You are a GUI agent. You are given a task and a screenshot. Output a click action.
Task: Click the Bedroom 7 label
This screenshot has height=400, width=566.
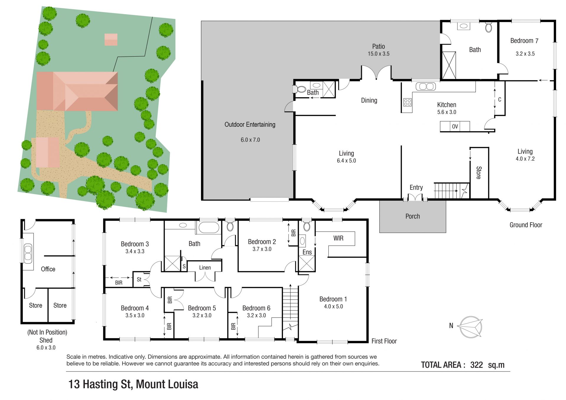(x=524, y=41)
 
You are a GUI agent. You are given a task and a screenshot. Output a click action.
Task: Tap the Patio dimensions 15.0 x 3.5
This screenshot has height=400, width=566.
(x=379, y=54)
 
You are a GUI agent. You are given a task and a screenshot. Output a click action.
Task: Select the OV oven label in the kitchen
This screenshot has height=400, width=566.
(x=455, y=126)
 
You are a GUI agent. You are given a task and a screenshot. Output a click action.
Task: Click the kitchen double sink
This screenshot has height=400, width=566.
(x=426, y=86)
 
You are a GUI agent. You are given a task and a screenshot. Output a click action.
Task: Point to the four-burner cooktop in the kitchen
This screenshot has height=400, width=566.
(x=407, y=102)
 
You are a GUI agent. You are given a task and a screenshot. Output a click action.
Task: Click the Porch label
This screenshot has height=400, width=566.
(x=412, y=216)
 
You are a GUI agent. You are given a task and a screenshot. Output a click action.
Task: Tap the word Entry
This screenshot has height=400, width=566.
(x=416, y=187)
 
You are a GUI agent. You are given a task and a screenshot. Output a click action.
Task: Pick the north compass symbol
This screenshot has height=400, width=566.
(x=471, y=327)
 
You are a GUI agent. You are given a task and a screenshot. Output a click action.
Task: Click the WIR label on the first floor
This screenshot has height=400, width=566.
(x=338, y=238)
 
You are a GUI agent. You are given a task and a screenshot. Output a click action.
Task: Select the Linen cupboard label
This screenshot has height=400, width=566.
(x=205, y=268)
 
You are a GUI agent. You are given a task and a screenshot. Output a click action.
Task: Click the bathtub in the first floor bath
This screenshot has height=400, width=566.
(x=209, y=228)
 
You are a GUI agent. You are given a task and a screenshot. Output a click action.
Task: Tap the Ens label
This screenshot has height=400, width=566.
(x=307, y=252)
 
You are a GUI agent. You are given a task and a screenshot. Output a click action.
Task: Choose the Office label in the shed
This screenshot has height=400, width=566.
(x=48, y=269)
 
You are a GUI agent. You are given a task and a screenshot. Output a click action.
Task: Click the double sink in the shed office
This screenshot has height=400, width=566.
(x=28, y=253)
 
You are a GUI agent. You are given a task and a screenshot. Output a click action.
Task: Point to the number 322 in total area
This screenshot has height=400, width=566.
(x=476, y=365)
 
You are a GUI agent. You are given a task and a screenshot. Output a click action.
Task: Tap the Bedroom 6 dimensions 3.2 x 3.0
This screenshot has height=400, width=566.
(x=256, y=315)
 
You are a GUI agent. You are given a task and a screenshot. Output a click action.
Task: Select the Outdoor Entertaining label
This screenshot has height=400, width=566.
(x=250, y=125)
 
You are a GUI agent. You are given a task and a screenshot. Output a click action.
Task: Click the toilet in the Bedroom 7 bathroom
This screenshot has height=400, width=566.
(x=488, y=27)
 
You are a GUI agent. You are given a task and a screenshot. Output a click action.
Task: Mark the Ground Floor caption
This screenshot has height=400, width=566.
(x=526, y=225)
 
